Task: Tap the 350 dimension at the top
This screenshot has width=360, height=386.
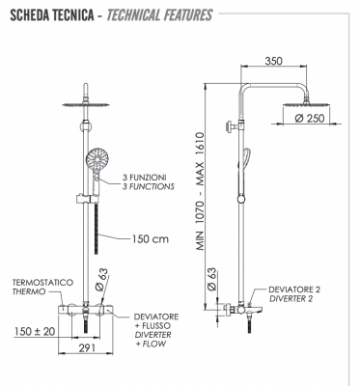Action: tap(273, 61)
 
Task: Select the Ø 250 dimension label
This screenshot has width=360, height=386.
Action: tap(308, 118)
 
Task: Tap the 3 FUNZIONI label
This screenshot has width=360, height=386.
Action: tap(148, 177)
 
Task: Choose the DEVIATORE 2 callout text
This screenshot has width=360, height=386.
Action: tap(295, 288)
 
